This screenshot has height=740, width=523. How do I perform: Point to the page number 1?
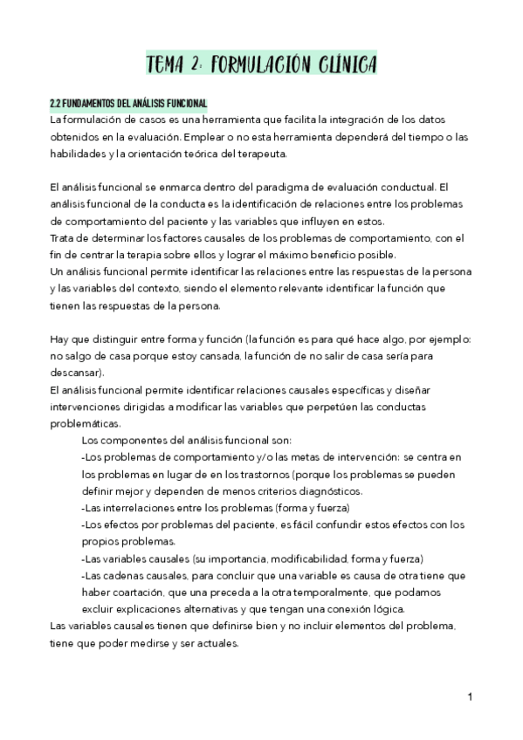point(470,697)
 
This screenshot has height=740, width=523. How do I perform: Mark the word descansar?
point(76,373)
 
